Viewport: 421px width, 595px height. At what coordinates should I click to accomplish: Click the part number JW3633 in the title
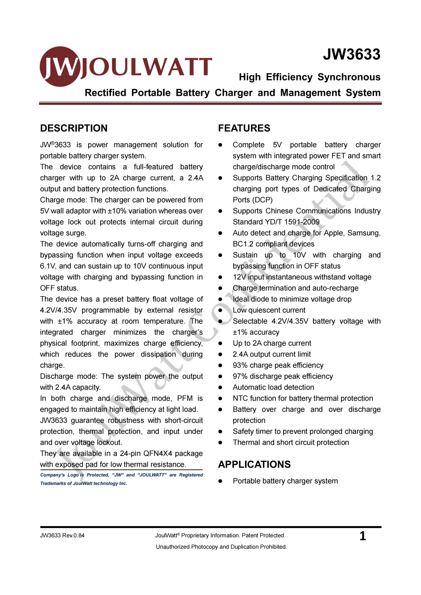coord(351,55)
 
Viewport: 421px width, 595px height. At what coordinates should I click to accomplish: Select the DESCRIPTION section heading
coord(74,128)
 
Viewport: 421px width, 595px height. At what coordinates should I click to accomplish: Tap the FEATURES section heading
coord(244,128)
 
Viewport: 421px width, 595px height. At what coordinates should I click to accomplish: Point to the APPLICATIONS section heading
coord(254,464)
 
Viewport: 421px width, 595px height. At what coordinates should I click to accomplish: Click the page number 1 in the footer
coord(363,536)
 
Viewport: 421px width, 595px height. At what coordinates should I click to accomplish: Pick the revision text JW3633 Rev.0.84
coord(62,535)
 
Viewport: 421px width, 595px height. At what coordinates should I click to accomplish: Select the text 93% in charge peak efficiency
coord(240,365)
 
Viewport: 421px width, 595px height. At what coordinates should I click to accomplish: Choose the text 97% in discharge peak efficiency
coord(240,376)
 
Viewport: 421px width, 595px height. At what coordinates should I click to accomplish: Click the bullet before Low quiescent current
coord(220,310)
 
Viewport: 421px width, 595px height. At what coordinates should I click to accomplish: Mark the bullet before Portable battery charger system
coord(220,481)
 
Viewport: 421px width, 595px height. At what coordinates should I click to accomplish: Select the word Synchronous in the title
coord(349,77)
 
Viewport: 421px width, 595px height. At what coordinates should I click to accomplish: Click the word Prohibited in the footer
coord(273,547)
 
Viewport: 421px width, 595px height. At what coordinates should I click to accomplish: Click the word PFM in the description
coord(185,398)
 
